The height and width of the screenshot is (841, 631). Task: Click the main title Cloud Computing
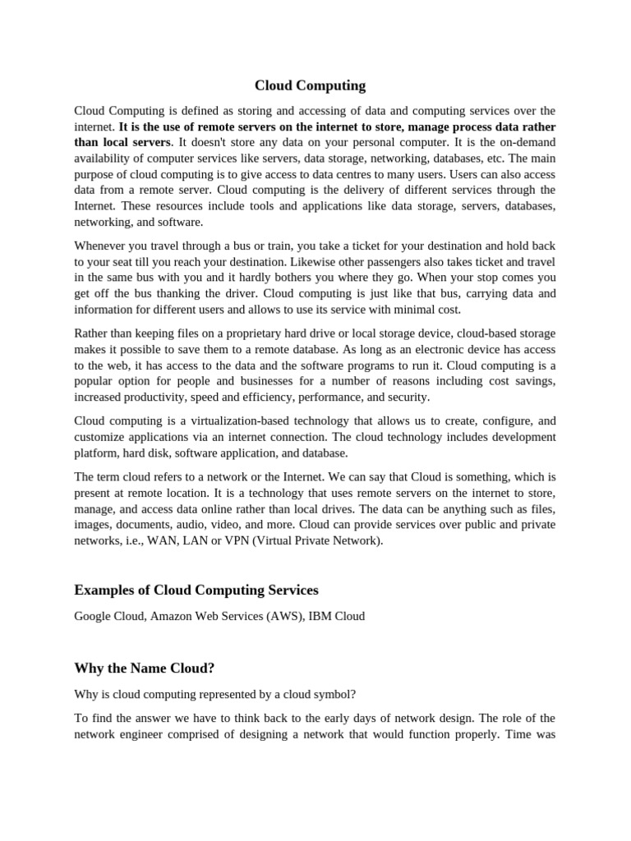(310, 85)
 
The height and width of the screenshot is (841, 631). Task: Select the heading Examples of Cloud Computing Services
(196, 590)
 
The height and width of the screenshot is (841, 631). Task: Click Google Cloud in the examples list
(109, 615)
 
